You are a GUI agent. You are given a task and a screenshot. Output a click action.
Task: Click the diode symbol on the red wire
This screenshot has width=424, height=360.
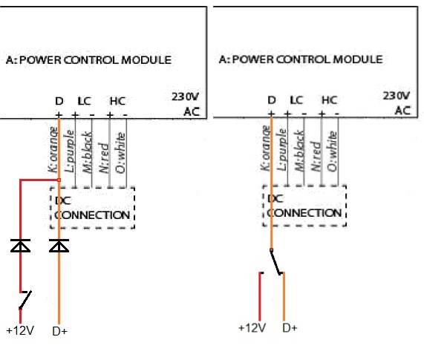[20, 246]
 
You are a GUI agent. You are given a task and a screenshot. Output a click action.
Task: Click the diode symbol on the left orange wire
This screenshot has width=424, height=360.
[59, 246]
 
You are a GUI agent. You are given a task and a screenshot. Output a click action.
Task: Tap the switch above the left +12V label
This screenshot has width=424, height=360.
[25, 299]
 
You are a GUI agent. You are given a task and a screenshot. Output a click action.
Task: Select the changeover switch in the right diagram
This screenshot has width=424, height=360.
[276, 262]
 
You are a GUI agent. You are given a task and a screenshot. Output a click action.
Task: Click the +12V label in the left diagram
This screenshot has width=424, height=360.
[20, 330]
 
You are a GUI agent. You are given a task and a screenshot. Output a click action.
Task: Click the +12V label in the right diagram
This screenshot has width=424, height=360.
[252, 328]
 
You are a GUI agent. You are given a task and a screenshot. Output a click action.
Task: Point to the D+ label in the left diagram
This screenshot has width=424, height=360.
[59, 331]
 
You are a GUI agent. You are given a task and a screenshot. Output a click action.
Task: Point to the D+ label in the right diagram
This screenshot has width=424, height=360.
[290, 328]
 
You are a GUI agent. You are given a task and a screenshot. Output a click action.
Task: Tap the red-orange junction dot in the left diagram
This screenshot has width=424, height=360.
[59, 180]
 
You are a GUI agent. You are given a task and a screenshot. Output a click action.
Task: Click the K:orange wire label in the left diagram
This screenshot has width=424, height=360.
[53, 149]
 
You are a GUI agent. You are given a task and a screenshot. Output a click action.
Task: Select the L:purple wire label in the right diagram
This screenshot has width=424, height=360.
[282, 149]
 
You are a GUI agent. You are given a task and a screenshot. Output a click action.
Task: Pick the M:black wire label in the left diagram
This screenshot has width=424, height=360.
[87, 152]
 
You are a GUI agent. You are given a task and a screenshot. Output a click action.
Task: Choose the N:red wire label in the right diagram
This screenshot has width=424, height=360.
[316, 156]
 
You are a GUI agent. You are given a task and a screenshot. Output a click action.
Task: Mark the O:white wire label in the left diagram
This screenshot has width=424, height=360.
[120, 153]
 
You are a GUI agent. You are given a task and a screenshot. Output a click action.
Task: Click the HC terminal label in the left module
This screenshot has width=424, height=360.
[117, 101]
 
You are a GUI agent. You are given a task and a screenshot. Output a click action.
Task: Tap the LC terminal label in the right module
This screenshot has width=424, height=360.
[296, 100]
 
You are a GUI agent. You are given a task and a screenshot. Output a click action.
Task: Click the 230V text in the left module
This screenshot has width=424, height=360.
[185, 96]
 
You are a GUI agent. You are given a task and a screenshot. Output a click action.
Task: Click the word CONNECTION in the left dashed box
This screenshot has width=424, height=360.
[92, 215]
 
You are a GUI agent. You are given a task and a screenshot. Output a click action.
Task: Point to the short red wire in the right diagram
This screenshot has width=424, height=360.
[260, 296]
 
